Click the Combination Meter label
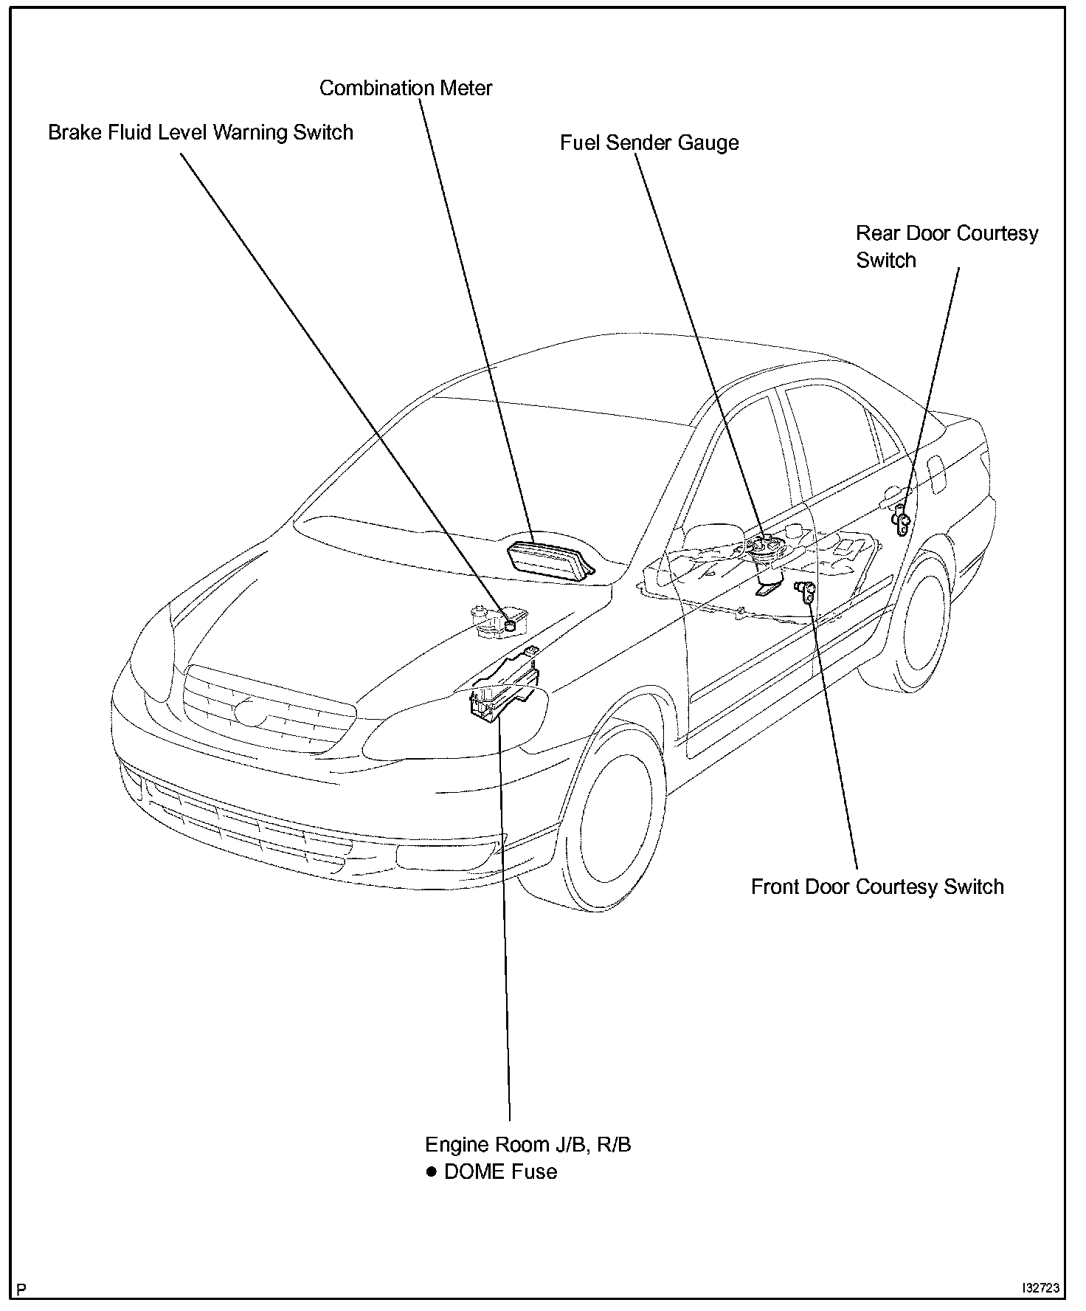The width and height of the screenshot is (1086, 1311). coord(406,88)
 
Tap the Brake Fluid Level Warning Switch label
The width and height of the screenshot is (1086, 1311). coord(201,133)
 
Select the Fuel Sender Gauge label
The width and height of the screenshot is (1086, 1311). coord(649,142)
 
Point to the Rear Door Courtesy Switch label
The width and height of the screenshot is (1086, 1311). coord(947,247)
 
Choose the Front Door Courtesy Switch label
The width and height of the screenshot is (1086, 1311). coord(877,887)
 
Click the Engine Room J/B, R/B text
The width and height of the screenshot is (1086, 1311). coord(528,1144)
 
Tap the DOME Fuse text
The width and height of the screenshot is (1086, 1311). coord(500,1171)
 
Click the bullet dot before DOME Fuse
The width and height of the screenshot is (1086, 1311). coord(432,1171)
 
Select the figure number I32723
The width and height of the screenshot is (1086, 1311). coord(1040,1288)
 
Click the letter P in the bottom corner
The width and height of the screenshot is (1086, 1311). coord(21,1290)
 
